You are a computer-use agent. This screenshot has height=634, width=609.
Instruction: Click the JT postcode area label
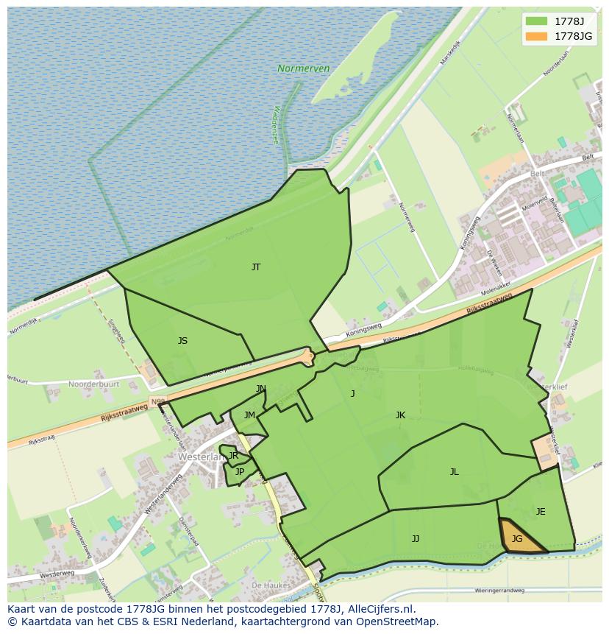[x=256, y=267]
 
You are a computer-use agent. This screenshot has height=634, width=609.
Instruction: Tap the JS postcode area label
[x=182, y=341]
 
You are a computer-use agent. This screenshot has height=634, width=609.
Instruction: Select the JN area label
[x=261, y=389]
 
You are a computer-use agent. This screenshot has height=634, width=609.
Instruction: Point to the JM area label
[x=249, y=415]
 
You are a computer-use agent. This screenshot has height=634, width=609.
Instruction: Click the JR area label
[x=233, y=456]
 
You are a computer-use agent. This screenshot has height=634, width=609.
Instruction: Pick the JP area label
[x=240, y=472]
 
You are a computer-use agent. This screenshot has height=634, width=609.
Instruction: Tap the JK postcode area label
[x=400, y=415]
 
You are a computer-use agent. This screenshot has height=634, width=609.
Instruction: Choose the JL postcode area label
[x=455, y=472]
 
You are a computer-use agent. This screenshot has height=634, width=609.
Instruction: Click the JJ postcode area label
[x=416, y=539]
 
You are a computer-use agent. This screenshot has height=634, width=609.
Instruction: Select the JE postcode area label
[x=541, y=512]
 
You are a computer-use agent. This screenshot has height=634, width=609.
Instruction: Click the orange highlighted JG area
[x=518, y=538]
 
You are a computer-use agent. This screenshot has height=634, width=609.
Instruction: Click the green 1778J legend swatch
[x=537, y=21]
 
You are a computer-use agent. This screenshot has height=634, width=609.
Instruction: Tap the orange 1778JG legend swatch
[x=537, y=35]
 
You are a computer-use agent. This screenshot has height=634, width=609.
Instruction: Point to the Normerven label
[x=303, y=68]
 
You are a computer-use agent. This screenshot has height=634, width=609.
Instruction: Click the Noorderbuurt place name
[x=93, y=384]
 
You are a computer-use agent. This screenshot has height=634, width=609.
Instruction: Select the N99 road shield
[x=157, y=401]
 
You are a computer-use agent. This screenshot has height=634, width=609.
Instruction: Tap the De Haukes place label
[x=268, y=585]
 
